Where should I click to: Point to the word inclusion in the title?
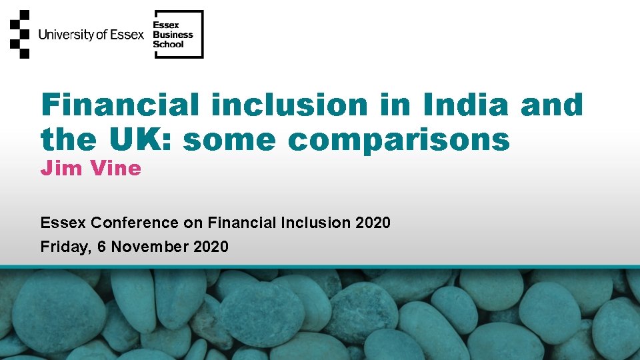click(x=289, y=105)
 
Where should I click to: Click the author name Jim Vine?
click(x=91, y=168)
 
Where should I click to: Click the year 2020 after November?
click(x=211, y=247)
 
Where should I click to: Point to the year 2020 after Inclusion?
click(x=373, y=223)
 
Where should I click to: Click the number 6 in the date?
click(x=102, y=247)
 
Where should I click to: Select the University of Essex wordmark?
click(x=91, y=35)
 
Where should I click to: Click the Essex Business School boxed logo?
click(x=179, y=35)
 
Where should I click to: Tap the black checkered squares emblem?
click(x=20, y=34)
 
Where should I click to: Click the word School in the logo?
click(x=168, y=45)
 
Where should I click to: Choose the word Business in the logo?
click(x=173, y=35)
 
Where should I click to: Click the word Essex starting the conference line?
click(x=63, y=223)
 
